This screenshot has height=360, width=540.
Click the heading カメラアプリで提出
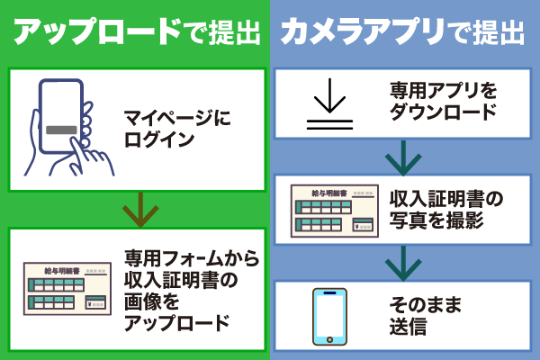[x=401, y=32]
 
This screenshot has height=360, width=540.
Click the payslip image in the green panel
[x=68, y=290]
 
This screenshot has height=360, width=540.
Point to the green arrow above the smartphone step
[x=404, y=263]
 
